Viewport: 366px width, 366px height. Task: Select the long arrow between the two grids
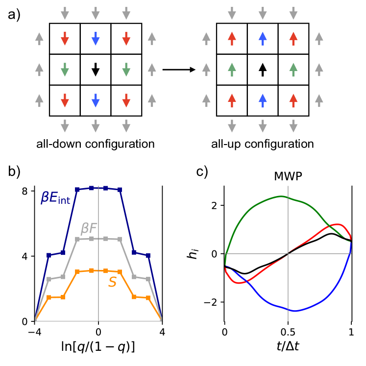(179, 70)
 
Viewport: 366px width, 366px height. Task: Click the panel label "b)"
(15, 172)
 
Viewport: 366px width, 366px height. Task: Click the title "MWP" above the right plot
(288, 177)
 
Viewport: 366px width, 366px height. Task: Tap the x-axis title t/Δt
(288, 346)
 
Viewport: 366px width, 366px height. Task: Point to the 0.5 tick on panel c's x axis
(288, 331)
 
